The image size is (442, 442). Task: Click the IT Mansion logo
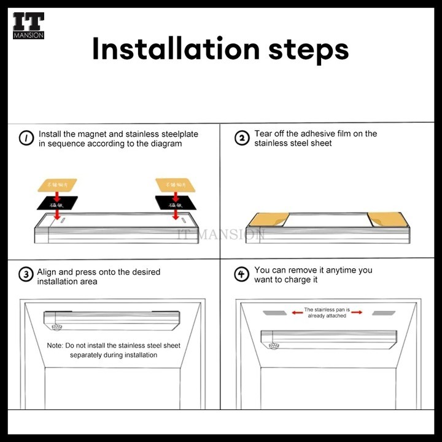click(28, 25)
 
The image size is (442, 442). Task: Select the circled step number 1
click(26, 139)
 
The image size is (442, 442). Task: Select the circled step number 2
click(242, 138)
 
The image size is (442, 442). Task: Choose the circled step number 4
click(242, 274)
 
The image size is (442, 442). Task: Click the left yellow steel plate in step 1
click(58, 184)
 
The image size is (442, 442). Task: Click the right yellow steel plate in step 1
click(174, 184)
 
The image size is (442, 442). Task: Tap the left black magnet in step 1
click(56, 203)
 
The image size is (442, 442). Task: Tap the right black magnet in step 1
click(174, 203)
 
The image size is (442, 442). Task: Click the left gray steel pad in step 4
click(275, 312)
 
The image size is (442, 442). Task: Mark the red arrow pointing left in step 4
click(297, 312)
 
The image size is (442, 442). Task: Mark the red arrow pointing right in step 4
click(357, 312)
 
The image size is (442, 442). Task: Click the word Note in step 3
click(55, 346)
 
